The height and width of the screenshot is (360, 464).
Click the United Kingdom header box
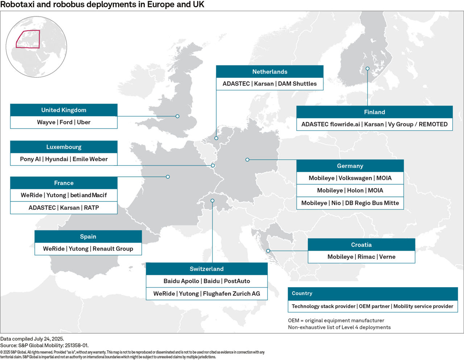tap(64, 110)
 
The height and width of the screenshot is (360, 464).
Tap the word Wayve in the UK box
tap(46, 122)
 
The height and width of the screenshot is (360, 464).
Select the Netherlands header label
tap(270, 72)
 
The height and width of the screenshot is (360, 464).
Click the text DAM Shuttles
tap(297, 84)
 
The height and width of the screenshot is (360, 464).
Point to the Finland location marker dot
tap(367, 68)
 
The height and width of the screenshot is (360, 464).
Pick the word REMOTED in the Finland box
tap(433, 124)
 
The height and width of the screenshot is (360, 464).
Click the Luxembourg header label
tap(64, 147)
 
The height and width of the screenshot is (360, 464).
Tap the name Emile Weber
tap(90, 159)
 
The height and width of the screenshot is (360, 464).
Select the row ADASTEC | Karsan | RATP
tap(64, 208)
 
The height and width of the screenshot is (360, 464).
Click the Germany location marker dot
tap(247, 160)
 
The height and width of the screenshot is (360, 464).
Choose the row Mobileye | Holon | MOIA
tap(350, 191)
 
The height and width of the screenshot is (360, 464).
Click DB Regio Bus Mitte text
tap(372, 203)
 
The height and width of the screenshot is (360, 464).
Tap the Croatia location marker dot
tap(268, 251)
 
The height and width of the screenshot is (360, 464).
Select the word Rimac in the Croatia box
tap(366, 257)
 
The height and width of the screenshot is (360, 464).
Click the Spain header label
tap(88, 236)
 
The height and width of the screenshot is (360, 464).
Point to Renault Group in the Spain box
tap(113, 249)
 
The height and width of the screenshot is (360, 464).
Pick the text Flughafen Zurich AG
tap(231, 294)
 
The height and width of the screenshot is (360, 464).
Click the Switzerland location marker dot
tap(212, 201)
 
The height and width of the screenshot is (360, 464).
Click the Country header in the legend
tap(302, 293)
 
